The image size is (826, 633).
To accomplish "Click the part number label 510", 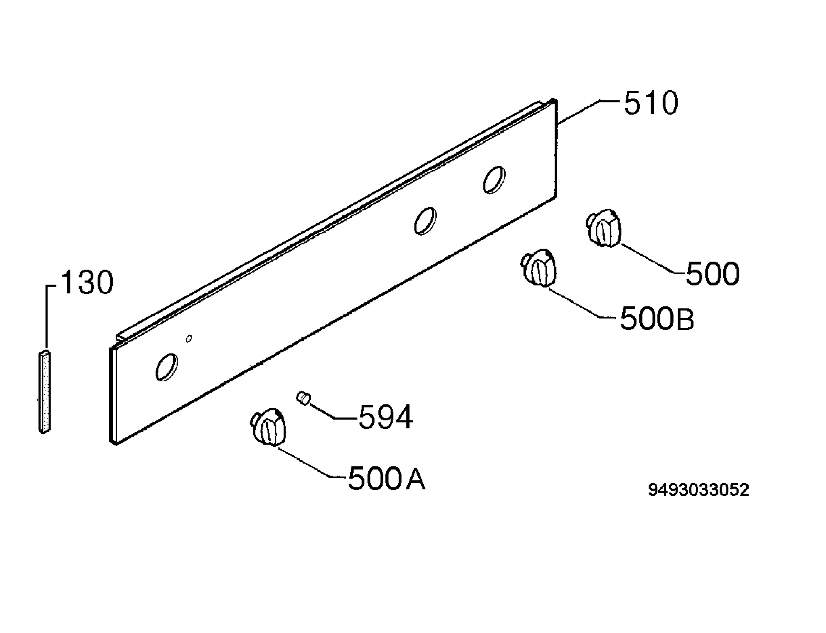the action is (651, 103).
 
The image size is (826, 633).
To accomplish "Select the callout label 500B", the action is (657, 318).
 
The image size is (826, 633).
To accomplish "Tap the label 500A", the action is (386, 478).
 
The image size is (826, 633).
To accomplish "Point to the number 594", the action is (385, 417).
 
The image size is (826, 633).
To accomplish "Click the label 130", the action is (87, 282).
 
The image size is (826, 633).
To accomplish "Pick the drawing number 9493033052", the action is (698, 490).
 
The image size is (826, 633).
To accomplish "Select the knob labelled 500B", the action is (539, 268).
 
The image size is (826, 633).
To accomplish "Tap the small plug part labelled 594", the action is (303, 398).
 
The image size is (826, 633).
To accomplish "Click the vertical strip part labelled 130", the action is (44, 392).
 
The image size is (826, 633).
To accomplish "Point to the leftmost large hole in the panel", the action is (167, 367).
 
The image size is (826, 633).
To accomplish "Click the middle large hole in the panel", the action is (426, 221).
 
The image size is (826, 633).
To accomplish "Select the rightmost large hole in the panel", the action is (494, 180).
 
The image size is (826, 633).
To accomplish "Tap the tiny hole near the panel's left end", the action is (189, 339).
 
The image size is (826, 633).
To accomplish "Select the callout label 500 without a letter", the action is (712, 274).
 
